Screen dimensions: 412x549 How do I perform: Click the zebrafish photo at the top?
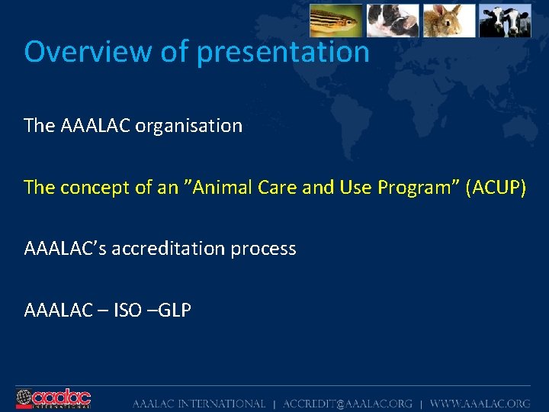coord(335,20)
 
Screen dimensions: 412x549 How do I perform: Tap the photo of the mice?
coord(393,20)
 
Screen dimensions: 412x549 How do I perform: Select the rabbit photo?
coord(449,20)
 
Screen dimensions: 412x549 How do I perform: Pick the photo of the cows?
coord(505,20)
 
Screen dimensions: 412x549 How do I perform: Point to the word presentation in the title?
coord(283,52)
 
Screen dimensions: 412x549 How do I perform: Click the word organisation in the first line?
coord(188,125)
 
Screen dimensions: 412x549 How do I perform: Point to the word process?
coord(265,249)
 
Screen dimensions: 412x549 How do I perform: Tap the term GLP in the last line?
coord(174,311)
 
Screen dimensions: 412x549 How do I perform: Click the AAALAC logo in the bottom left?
coord(53,399)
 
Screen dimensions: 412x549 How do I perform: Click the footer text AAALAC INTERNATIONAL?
coord(199,404)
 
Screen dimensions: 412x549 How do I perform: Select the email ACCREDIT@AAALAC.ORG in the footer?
coord(347,404)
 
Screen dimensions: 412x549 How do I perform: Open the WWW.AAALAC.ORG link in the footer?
coord(480,404)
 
